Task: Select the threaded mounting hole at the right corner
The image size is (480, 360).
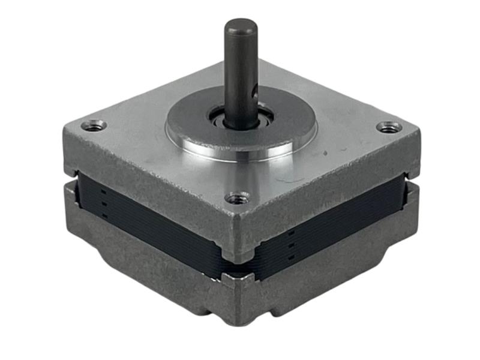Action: click(389, 127)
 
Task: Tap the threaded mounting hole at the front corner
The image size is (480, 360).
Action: click(238, 197)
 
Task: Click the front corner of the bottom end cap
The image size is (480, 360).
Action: click(240, 300)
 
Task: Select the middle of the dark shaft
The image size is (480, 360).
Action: click(241, 72)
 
